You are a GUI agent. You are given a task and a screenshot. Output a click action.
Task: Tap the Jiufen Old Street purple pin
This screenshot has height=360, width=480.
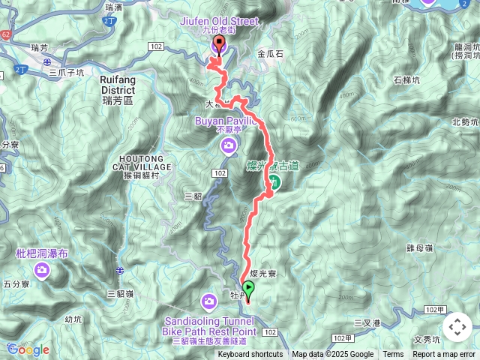click(x=219, y=46)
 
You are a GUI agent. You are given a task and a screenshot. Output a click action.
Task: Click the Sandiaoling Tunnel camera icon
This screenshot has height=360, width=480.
click(x=209, y=302)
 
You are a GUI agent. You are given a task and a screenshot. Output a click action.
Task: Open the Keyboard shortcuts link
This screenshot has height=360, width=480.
click(x=250, y=355)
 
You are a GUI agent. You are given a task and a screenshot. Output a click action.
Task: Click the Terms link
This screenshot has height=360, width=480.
click(x=393, y=355)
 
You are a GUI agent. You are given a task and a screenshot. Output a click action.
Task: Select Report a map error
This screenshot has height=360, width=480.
click(x=445, y=355)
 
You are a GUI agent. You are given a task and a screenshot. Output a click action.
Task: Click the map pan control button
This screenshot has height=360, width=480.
click(x=457, y=326)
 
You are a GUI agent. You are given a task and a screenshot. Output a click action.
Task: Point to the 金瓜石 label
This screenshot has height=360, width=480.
click(x=271, y=54)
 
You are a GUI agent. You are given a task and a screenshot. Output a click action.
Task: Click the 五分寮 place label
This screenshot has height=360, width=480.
click(x=16, y=284)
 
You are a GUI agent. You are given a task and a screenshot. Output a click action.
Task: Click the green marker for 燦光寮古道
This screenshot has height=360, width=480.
click(x=275, y=181)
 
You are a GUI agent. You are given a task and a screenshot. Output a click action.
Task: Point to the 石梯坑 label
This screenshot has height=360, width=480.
click(x=408, y=80)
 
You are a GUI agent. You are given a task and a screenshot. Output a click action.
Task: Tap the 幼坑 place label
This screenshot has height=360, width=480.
click(x=73, y=319)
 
